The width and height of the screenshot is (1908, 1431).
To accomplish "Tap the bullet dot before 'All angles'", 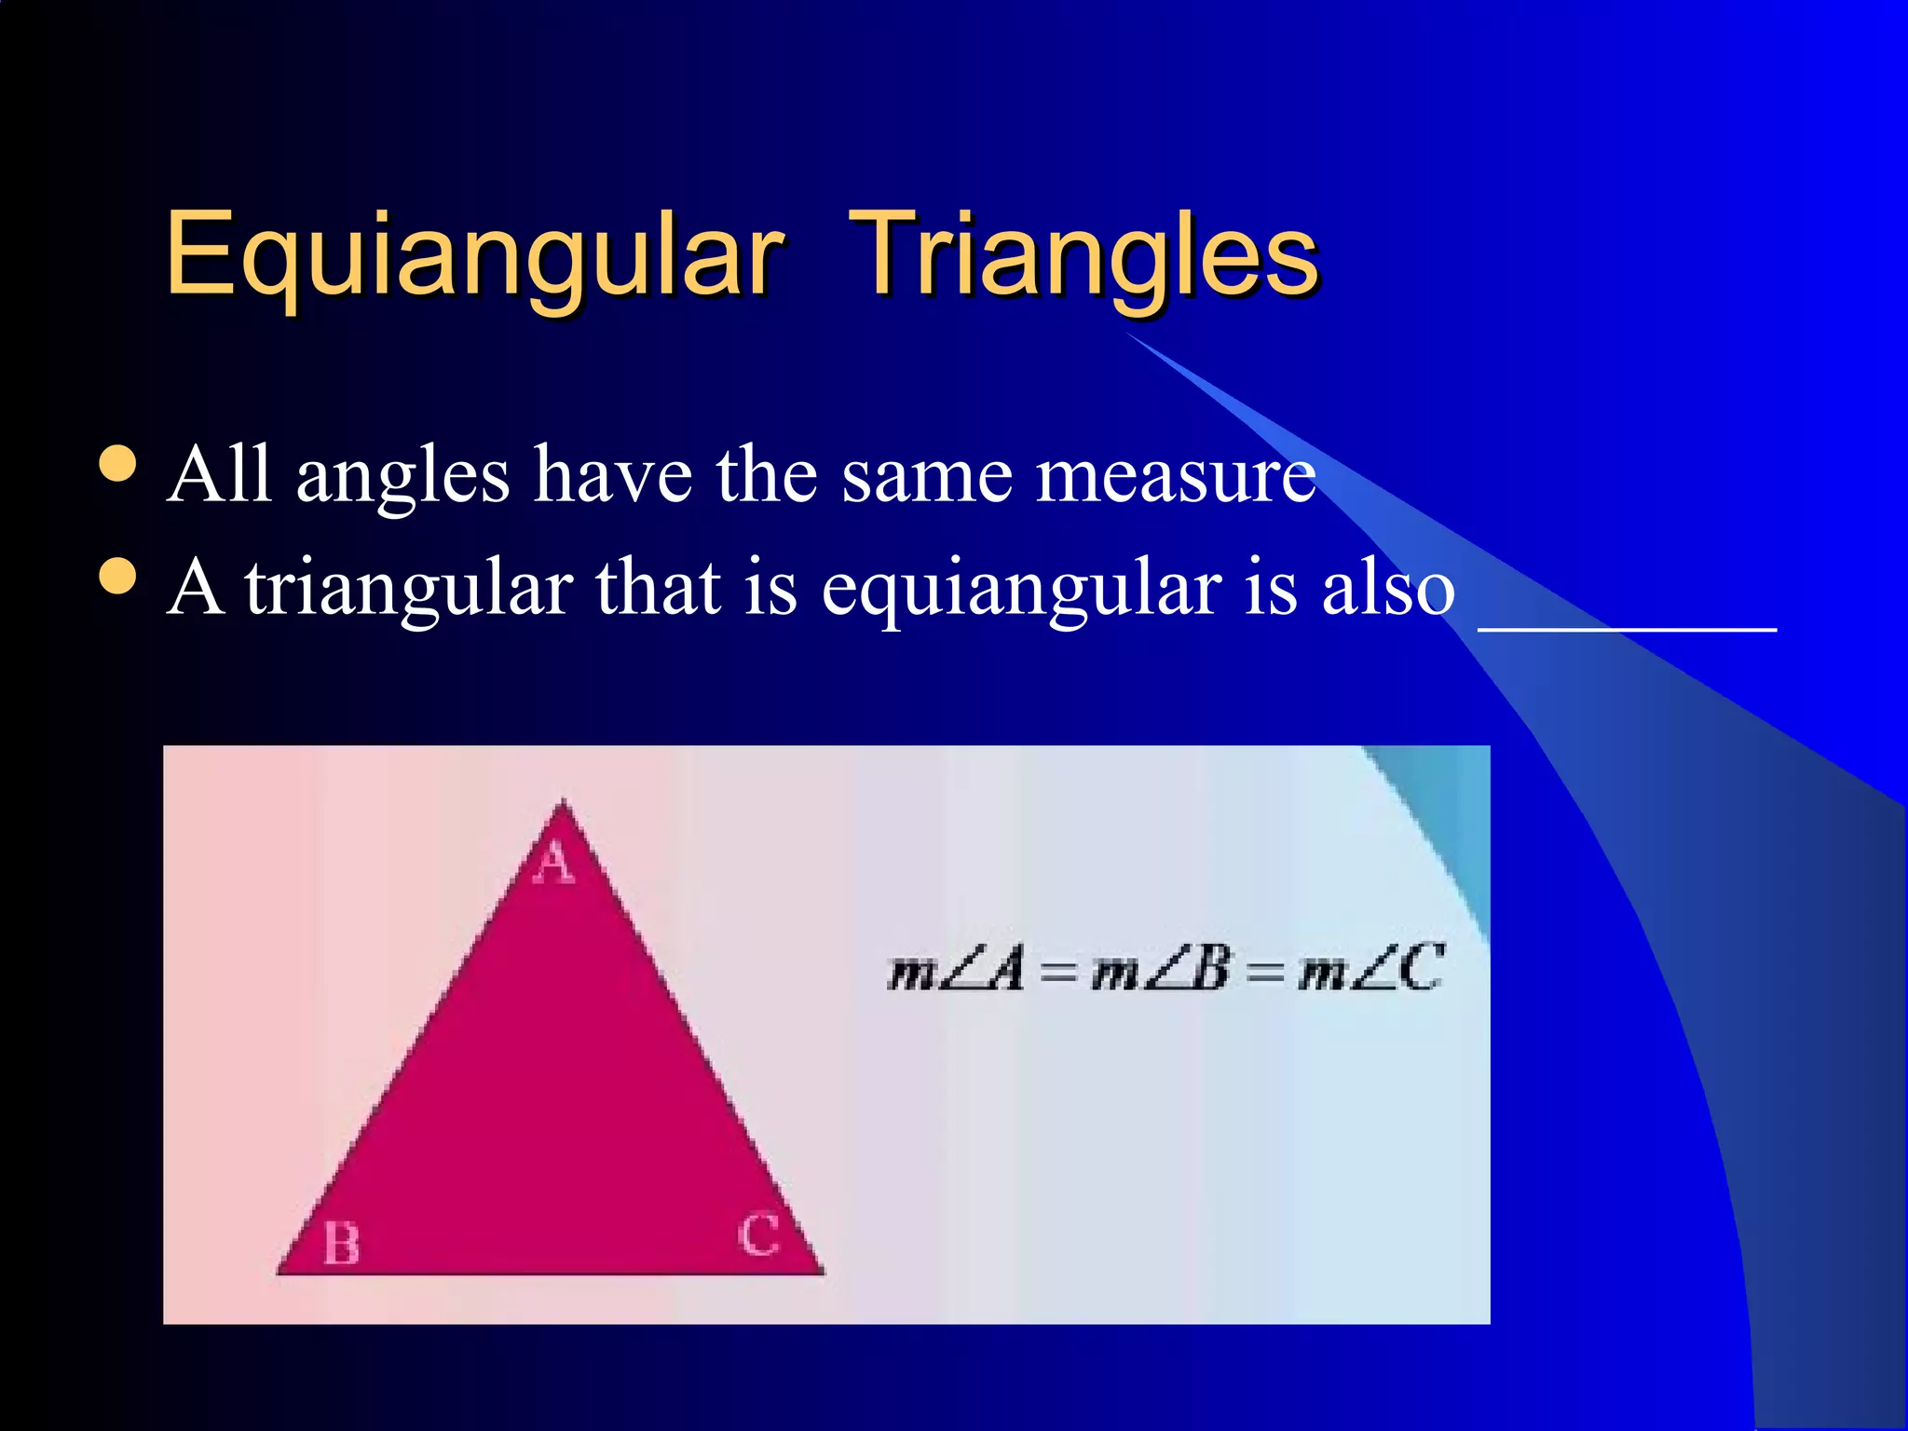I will [x=117, y=463].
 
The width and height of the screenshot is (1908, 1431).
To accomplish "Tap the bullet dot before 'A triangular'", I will [x=117, y=576].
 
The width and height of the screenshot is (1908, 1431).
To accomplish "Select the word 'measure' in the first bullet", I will [x=1176, y=477].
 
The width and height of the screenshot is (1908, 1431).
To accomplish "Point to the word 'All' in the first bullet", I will [x=220, y=475].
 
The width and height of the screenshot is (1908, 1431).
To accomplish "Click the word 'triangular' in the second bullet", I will [x=409, y=590].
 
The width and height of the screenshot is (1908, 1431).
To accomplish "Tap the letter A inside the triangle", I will [x=554, y=862].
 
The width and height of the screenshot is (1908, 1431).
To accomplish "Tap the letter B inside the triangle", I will [x=341, y=1244].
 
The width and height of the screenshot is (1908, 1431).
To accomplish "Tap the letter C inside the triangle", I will [x=758, y=1235].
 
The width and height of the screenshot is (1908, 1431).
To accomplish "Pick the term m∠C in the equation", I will [x=1370, y=970].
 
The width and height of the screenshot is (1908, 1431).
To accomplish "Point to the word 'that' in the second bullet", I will [x=658, y=589].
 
